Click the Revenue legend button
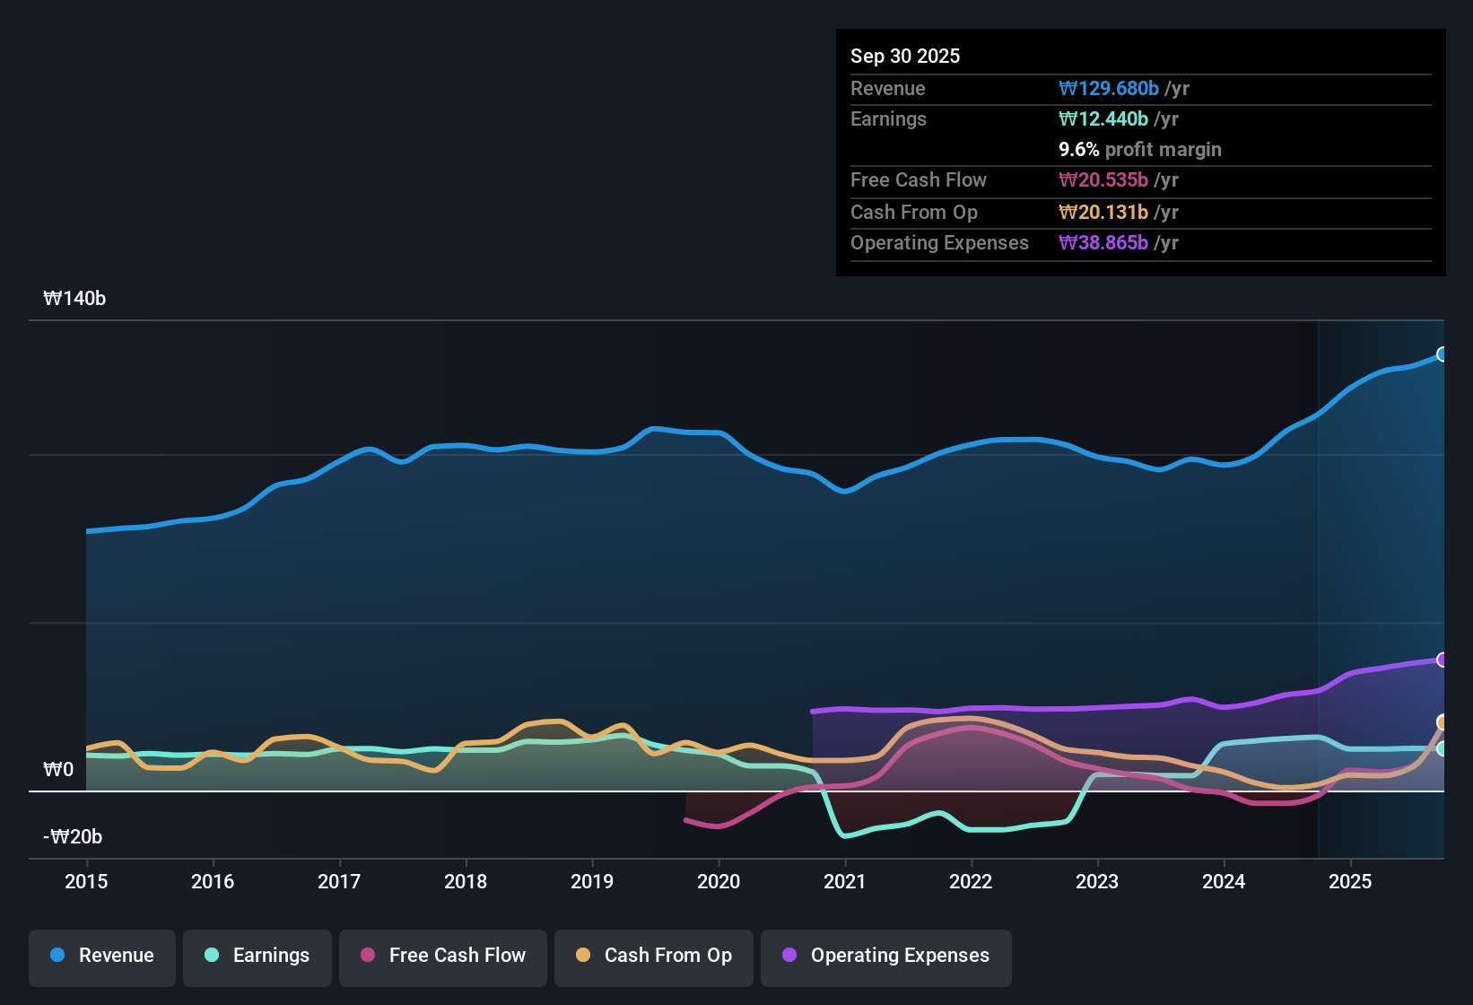[102, 956]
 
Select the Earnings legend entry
[257, 956]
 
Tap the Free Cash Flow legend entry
[443, 956]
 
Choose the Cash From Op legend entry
[654, 956]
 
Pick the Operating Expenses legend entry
[886, 956]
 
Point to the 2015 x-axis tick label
[86, 882]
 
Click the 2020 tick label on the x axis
[719, 882]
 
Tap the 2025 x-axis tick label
[1350, 882]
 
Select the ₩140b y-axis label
[74, 299]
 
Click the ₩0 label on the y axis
[58, 770]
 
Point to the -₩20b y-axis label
[73, 837]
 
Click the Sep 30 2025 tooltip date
[905, 57]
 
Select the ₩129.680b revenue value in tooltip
[1109, 89]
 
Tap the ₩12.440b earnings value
[1103, 119]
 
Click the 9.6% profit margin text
[1140, 150]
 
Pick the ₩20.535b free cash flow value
[1103, 180]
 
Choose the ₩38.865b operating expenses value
[1103, 243]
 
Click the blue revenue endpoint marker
[1442, 354]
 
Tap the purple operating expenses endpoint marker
[1442, 660]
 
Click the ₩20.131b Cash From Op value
[1103, 213]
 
